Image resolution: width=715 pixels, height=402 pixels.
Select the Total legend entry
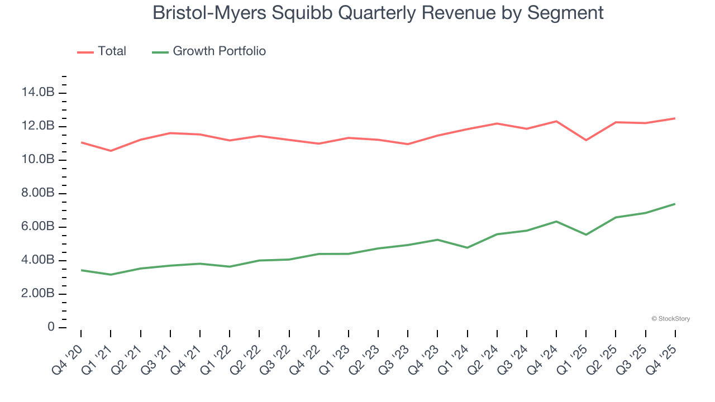pyautogui.click(x=102, y=51)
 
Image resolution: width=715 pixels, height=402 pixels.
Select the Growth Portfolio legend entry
pyautogui.click(x=209, y=51)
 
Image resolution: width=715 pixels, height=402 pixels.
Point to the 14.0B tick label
pyautogui.click(x=39, y=93)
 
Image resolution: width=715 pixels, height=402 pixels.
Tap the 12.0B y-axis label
pyautogui.click(x=39, y=126)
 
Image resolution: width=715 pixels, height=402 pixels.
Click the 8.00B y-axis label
pyautogui.click(x=39, y=193)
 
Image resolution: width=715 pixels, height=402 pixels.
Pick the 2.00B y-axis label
pyautogui.click(x=39, y=294)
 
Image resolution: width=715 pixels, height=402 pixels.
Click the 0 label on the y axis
pyautogui.click(x=51, y=327)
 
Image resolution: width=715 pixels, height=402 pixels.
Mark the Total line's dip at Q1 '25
pyautogui.click(x=586, y=140)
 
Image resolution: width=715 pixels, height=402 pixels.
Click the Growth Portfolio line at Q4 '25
pyautogui.click(x=675, y=204)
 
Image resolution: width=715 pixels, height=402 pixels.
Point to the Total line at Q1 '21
pyautogui.click(x=111, y=151)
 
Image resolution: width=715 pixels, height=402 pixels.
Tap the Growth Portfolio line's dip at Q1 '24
pyautogui.click(x=467, y=247)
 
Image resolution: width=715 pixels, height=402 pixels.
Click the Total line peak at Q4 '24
pyautogui.click(x=556, y=121)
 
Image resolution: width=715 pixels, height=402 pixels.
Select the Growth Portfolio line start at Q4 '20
pyautogui.click(x=82, y=270)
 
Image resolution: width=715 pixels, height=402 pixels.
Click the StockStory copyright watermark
pyautogui.click(x=671, y=319)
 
